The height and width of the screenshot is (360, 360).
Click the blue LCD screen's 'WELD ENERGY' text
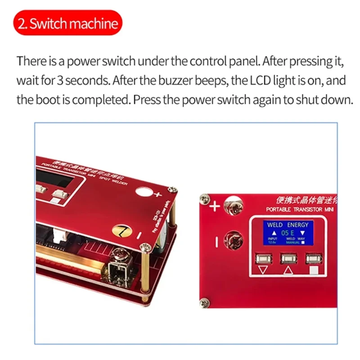[x=288, y=224]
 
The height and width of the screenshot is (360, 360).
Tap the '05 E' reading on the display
[x=288, y=233]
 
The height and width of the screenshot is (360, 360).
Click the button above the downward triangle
[x=261, y=258]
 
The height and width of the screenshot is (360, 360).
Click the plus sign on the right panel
[x=215, y=207]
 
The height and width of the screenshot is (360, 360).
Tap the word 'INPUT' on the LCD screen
[x=272, y=238]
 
